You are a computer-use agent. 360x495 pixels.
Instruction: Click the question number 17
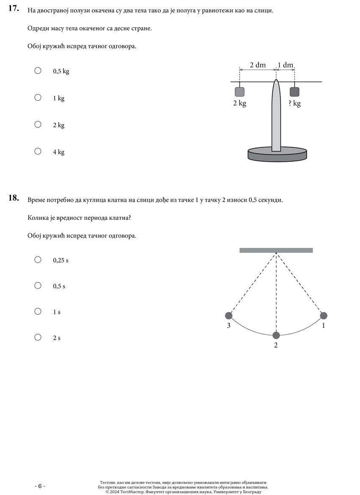[14, 9]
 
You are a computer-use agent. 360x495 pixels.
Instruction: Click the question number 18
[14, 198]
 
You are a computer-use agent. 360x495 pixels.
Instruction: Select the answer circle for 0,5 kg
[38, 71]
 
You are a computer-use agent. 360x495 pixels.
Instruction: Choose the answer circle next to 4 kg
[38, 151]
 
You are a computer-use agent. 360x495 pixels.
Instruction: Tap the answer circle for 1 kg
[38, 97]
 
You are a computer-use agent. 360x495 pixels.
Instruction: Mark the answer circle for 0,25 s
[38, 260]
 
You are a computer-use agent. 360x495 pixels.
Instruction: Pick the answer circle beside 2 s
[38, 337]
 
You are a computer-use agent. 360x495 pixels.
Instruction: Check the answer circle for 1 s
[38, 311]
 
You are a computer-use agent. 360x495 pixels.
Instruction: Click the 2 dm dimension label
[258, 65]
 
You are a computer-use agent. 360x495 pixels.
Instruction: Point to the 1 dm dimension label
[285, 65]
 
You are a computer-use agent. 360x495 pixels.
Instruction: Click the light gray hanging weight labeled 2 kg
[239, 92]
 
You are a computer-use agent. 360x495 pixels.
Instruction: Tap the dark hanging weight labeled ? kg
[294, 92]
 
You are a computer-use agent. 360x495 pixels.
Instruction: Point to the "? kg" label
[294, 103]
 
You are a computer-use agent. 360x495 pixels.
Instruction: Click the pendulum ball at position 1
[324, 315]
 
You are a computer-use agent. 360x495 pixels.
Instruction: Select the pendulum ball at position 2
[276, 335]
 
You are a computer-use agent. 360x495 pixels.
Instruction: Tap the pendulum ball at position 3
[229, 315]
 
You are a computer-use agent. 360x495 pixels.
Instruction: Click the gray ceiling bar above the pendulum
[276, 250]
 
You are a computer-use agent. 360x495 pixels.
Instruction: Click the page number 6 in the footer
[40, 486]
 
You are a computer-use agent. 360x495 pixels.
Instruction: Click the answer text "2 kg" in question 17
[58, 125]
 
